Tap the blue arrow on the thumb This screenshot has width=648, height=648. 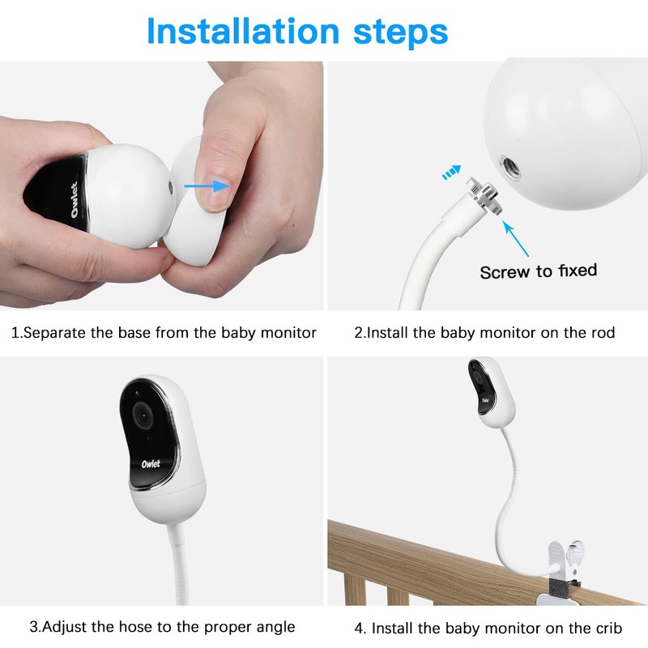point(204,186)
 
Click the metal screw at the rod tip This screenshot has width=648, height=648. point(487,198)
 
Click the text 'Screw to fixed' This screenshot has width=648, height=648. point(538,271)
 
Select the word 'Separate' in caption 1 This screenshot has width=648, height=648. point(55,333)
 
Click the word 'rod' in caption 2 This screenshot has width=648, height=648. point(603,333)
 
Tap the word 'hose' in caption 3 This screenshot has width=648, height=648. point(131,627)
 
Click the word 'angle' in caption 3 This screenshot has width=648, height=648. point(275,627)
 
